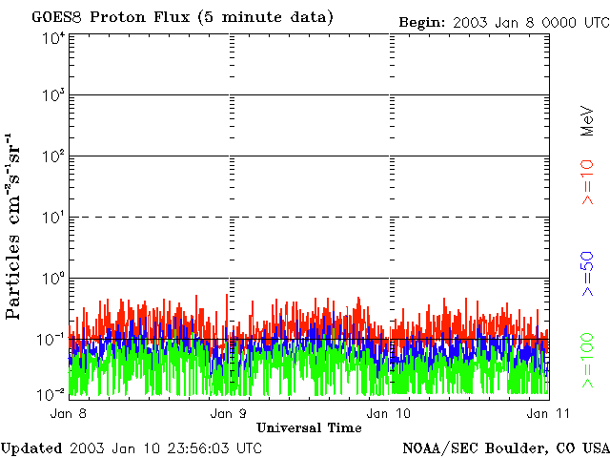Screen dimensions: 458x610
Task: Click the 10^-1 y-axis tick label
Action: click(x=51, y=339)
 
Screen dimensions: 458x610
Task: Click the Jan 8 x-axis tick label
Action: click(x=70, y=413)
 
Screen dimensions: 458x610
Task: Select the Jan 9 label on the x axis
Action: click(x=229, y=413)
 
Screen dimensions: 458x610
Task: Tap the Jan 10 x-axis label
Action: click(x=387, y=413)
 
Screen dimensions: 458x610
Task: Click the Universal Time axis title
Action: click(x=309, y=427)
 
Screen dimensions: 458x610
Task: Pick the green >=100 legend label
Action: click(x=588, y=361)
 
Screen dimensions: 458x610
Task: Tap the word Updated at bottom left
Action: click(x=30, y=447)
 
